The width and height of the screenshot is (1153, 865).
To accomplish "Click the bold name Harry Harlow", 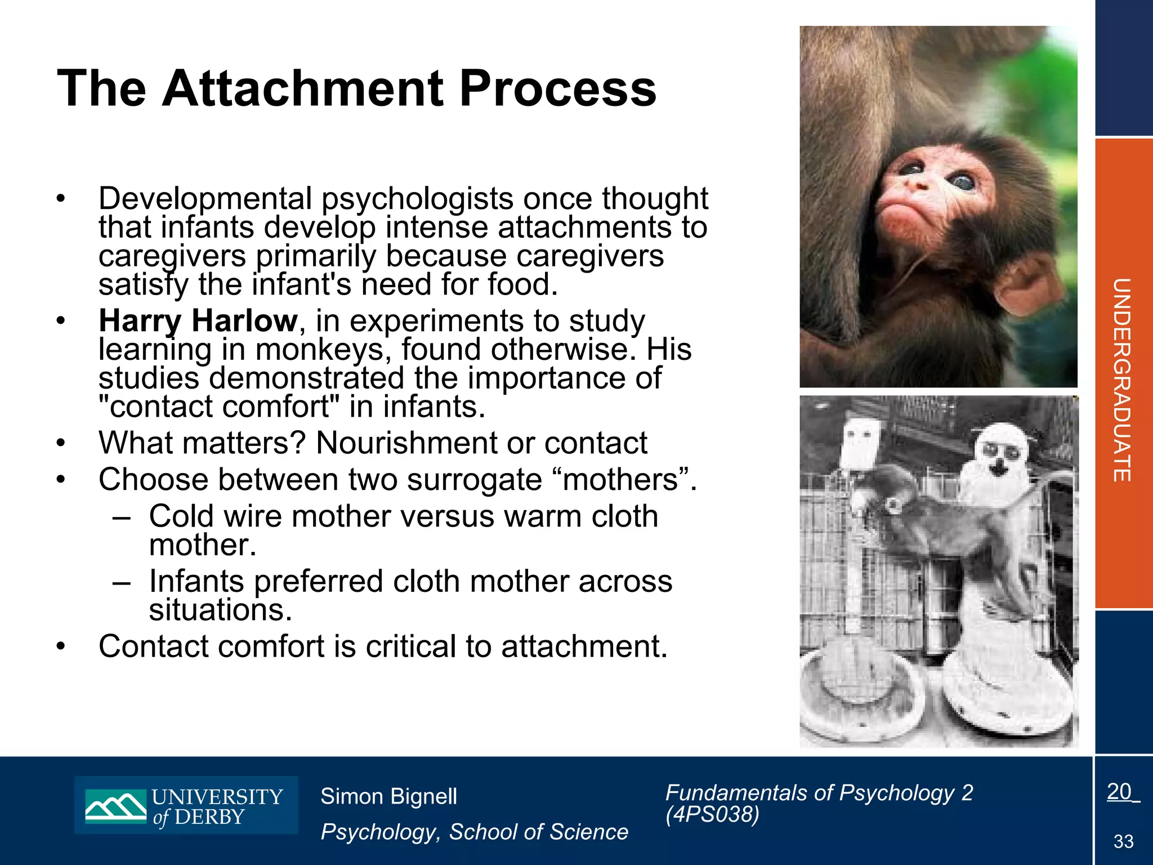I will pyautogui.click(x=198, y=321).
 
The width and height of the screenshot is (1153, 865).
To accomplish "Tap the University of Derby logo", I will pyautogui.click(x=186, y=805).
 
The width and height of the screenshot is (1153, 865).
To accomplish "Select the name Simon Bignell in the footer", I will pyautogui.click(x=388, y=796).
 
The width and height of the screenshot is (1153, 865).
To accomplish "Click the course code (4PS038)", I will pyautogui.click(x=712, y=814).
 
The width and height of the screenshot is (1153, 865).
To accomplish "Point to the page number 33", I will pyautogui.click(x=1123, y=842).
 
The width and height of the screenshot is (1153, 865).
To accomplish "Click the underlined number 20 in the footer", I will pyautogui.click(x=1119, y=792).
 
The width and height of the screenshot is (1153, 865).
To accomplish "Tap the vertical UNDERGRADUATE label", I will pyautogui.click(x=1122, y=380).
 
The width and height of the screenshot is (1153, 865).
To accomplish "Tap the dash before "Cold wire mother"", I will pyautogui.click(x=122, y=517).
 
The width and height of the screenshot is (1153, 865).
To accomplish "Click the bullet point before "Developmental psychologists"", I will pyautogui.click(x=61, y=199).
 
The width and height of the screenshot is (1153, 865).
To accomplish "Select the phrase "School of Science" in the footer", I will pyautogui.click(x=538, y=832).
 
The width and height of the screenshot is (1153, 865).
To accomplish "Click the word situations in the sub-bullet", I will pyautogui.click(x=220, y=610).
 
